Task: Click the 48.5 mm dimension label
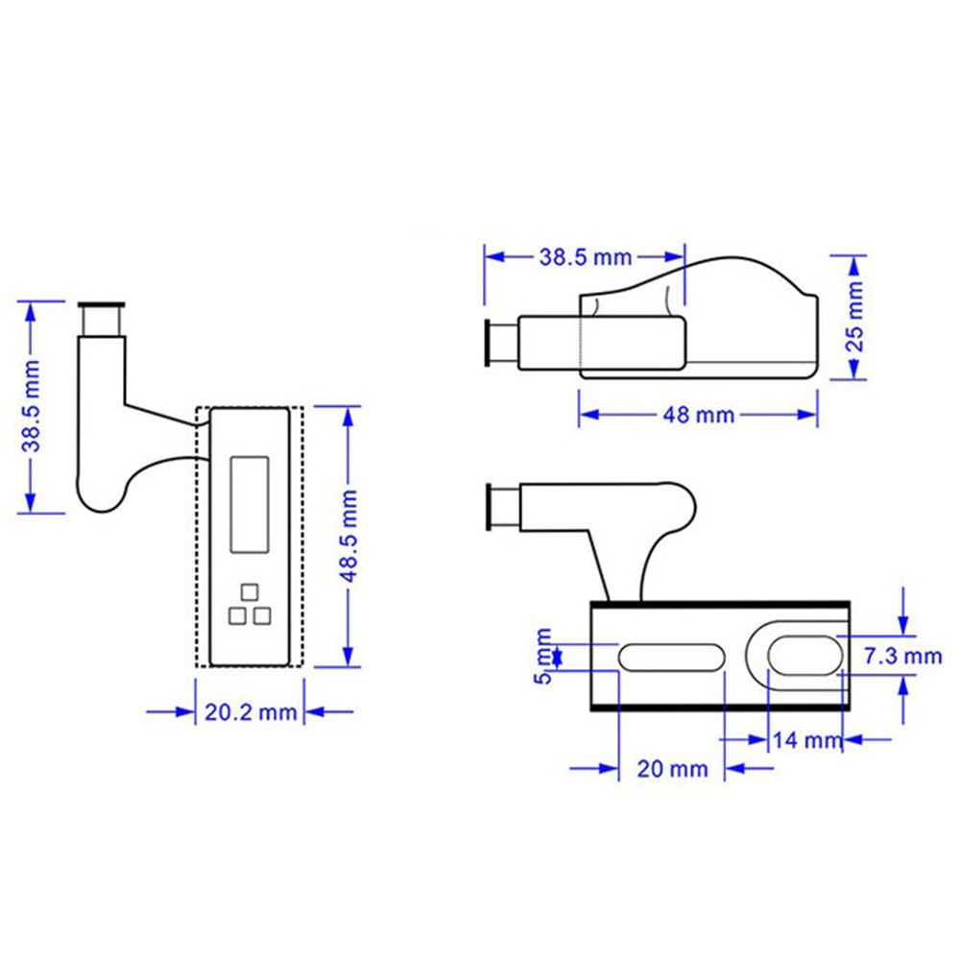tap(349, 537)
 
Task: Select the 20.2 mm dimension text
tap(251, 712)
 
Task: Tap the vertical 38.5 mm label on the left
tap(31, 406)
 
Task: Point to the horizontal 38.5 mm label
tap(586, 257)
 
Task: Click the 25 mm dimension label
tap(854, 317)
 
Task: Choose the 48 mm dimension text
tap(698, 416)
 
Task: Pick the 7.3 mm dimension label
tap(902, 657)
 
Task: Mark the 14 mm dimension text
tap(807, 740)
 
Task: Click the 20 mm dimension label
tap(672, 769)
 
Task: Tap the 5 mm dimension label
tap(543, 657)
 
